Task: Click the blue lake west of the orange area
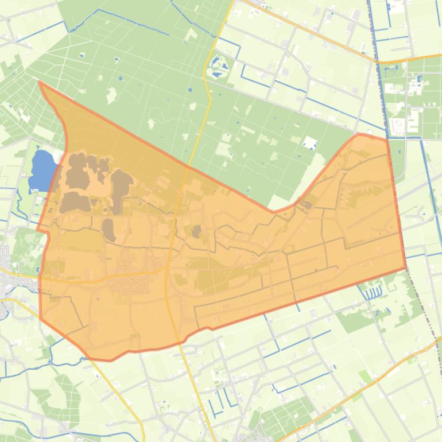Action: coord(41,170)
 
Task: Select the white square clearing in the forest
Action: coord(311,142)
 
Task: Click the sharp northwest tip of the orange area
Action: coord(39,82)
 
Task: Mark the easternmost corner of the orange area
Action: coord(406,267)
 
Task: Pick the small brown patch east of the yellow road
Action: coord(197,231)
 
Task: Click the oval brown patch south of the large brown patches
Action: coord(108,230)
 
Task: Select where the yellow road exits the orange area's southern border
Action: coord(178,343)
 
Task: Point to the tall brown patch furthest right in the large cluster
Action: coord(121,189)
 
